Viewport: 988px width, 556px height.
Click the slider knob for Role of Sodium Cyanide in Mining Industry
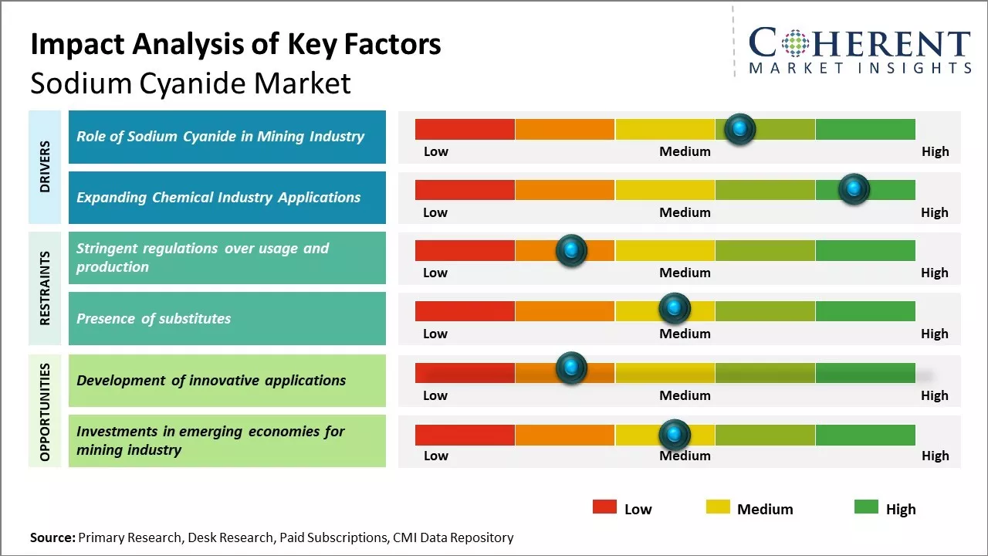(x=740, y=129)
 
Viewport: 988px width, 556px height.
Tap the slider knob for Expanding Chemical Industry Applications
(x=854, y=189)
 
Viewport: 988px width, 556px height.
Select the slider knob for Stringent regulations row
(x=571, y=250)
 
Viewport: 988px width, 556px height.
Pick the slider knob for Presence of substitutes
(x=675, y=309)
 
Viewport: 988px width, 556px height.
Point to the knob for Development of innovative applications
(x=571, y=368)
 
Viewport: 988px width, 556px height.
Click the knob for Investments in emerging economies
(x=675, y=435)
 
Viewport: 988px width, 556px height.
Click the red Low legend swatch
(x=604, y=507)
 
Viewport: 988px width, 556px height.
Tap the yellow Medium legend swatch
(x=718, y=507)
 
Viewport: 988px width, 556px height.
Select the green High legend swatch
(x=866, y=507)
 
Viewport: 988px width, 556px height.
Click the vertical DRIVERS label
(x=45, y=167)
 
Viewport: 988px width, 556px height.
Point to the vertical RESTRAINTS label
(x=45, y=288)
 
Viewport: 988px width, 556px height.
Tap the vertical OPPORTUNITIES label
(x=45, y=412)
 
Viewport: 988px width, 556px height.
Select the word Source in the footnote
(x=52, y=537)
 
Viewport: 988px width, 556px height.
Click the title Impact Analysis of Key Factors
(x=235, y=44)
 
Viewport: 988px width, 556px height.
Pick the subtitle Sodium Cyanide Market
(x=191, y=83)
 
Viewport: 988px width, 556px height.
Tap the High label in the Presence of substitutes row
(x=934, y=334)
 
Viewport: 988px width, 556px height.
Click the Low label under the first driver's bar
(x=435, y=151)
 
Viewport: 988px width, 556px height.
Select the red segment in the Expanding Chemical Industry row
(x=465, y=189)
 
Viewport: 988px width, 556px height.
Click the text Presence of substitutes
(x=154, y=318)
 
